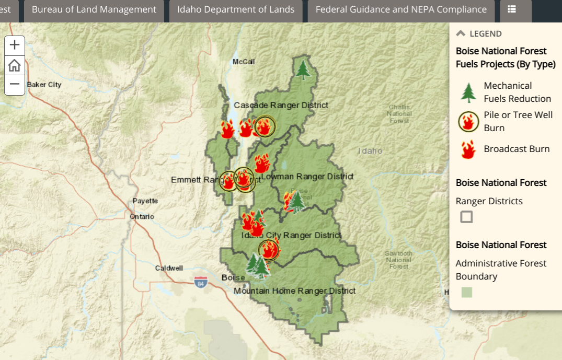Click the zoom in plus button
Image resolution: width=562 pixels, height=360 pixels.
(15, 45)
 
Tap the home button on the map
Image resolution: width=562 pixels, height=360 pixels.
(15, 65)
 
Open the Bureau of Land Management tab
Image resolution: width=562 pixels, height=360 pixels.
(94, 9)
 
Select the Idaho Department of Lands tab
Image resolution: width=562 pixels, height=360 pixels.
(236, 9)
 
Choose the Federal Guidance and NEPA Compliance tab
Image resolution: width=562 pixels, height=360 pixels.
(401, 9)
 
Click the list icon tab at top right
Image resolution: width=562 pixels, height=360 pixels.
(512, 9)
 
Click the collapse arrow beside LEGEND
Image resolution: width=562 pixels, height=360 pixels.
(461, 33)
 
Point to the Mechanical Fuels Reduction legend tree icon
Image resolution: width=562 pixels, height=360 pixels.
(468, 92)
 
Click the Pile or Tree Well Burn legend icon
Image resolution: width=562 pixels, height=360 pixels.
(468, 122)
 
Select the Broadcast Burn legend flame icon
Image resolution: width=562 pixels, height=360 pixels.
(468, 149)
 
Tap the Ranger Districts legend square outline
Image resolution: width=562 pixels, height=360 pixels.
(466, 217)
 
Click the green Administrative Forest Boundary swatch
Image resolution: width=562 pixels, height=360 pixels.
(466, 293)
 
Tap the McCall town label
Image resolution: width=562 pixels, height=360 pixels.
(244, 62)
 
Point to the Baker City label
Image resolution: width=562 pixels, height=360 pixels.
(44, 85)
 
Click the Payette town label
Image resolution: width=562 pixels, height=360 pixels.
(145, 201)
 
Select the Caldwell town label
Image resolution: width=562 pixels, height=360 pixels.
(169, 268)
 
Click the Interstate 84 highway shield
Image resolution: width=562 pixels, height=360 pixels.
(200, 283)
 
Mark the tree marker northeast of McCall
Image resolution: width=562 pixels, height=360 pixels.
(302, 69)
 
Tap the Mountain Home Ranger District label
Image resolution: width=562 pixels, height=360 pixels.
(294, 291)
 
